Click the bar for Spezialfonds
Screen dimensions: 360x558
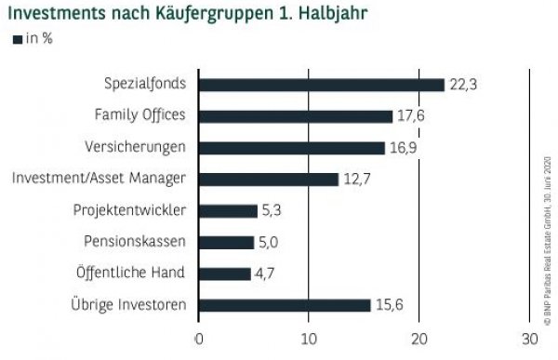pos(322,85)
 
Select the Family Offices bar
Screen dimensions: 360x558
pos(296,116)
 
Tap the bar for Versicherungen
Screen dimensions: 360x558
pos(292,148)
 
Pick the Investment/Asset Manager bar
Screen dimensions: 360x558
pos(269,180)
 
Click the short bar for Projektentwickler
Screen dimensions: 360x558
pos(228,211)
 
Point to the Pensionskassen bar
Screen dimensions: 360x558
pos(226,243)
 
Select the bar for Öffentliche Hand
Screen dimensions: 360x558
pos(225,274)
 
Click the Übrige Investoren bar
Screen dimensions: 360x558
pos(285,305)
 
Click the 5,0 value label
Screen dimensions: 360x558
pos(270,243)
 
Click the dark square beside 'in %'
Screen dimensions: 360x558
pos(16,39)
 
